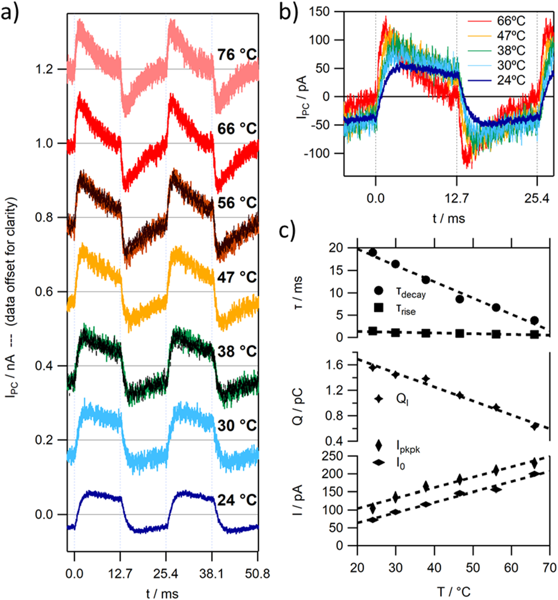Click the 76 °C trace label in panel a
pyautogui.click(x=237, y=55)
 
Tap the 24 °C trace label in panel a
pyautogui.click(x=237, y=500)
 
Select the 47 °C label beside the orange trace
pyautogui.click(x=237, y=277)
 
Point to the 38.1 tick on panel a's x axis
pyautogui.click(x=211, y=573)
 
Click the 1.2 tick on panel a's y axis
pyautogui.click(x=45, y=69)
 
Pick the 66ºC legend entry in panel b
pyautogui.click(x=511, y=20)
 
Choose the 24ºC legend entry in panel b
pyautogui.click(x=511, y=80)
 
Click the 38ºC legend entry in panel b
pyautogui.click(x=511, y=50)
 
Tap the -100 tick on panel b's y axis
pyautogui.click(x=317, y=153)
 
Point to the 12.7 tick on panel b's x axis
pyautogui.click(x=457, y=198)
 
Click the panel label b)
pyautogui.click(x=288, y=12)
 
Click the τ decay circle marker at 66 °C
pyautogui.click(x=534, y=320)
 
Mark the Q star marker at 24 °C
pyautogui.click(x=373, y=367)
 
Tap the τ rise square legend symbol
pyautogui.click(x=379, y=308)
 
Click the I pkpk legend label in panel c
pyautogui.click(x=408, y=447)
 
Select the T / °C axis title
pyautogui.click(x=453, y=592)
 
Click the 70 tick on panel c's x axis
pyautogui.click(x=549, y=567)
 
